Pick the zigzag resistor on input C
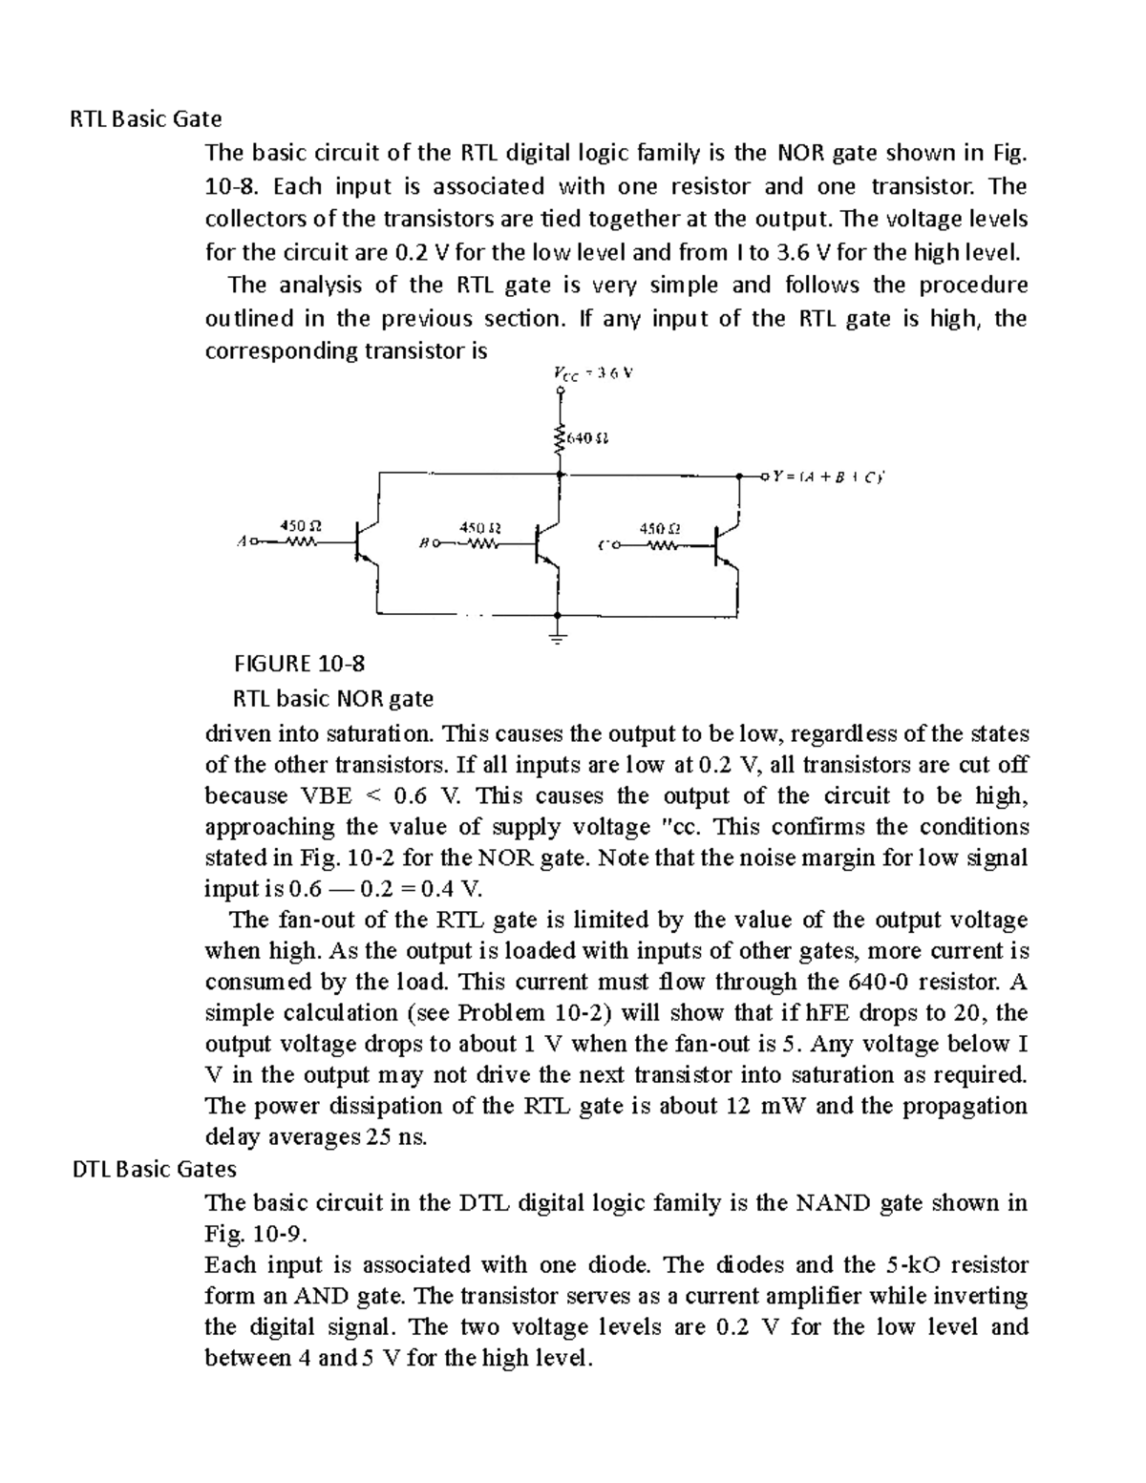click(661, 546)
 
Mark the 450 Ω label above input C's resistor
click(660, 528)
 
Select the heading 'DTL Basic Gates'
click(155, 1168)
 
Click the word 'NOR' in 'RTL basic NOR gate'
click(359, 699)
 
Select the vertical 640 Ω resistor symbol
click(559, 440)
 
